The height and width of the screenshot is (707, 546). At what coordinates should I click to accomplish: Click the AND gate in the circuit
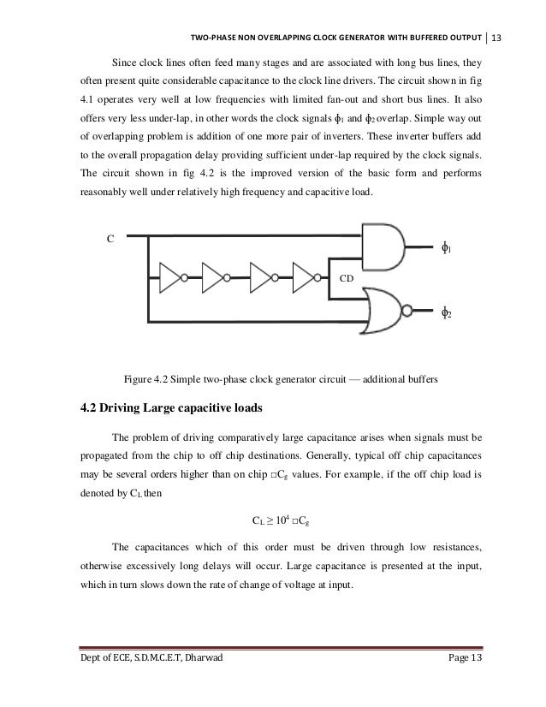(383, 247)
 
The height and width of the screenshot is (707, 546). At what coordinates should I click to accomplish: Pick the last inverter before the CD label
(305, 277)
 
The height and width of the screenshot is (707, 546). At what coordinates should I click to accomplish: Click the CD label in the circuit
(346, 279)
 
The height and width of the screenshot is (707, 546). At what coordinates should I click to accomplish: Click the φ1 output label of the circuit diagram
(446, 248)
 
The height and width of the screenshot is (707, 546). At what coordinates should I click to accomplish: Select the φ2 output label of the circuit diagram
(446, 312)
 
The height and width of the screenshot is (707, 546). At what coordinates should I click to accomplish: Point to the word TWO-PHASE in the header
(214, 37)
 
